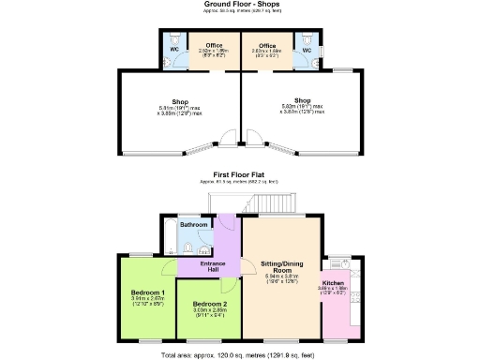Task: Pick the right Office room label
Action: tap(267, 45)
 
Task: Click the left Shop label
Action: tap(180, 101)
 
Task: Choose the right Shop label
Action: tap(302, 100)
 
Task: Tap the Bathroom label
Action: tap(194, 226)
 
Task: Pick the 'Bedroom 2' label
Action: tap(210, 305)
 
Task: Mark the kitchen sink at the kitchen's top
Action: tap(339, 262)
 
